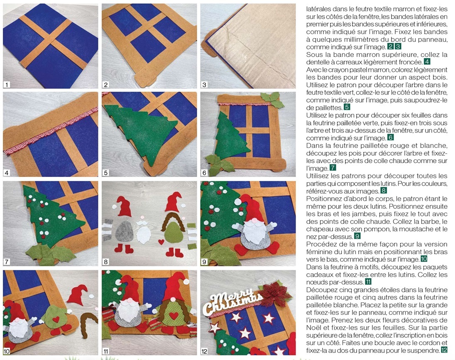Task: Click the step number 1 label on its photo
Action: [6, 84]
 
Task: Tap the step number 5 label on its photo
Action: [105, 173]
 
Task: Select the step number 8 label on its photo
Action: [105, 262]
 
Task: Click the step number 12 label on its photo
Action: [204, 351]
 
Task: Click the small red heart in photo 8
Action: [161, 242]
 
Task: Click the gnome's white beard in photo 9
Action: [255, 231]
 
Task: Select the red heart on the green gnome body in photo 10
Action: [56, 319]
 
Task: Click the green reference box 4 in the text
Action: [427, 61]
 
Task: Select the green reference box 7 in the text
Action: [333, 168]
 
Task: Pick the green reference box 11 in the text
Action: [368, 282]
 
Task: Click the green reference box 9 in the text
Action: [357, 236]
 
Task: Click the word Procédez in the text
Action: [320, 244]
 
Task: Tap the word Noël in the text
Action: [313, 328]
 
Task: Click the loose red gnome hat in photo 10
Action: [78, 294]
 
